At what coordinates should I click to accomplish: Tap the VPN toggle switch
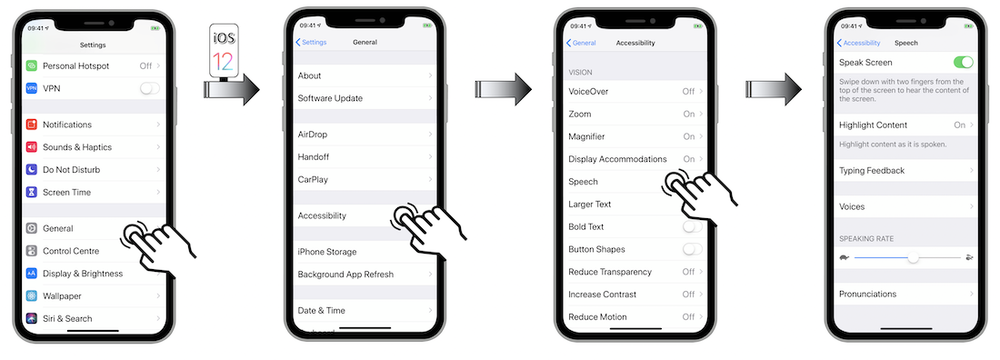click(150, 88)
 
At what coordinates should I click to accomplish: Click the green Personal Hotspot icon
click(32, 65)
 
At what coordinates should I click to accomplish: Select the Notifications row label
click(67, 125)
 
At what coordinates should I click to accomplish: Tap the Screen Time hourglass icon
click(32, 192)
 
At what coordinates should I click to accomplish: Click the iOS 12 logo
click(224, 50)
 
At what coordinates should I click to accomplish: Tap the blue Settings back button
click(311, 42)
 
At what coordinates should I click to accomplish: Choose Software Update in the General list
click(330, 98)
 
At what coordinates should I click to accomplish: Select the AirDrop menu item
click(313, 134)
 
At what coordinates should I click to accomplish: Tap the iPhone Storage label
click(327, 252)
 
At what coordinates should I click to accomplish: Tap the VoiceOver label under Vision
click(589, 91)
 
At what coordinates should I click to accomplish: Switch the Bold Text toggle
click(693, 226)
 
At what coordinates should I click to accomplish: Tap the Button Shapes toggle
click(693, 249)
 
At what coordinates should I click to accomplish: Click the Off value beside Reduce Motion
click(688, 316)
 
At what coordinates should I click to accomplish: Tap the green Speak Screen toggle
click(963, 62)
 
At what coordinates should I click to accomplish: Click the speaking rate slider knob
click(914, 258)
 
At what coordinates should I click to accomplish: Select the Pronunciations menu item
click(868, 295)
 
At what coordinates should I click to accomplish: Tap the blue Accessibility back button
click(858, 43)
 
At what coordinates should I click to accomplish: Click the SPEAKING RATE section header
click(866, 239)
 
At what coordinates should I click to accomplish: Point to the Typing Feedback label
click(872, 170)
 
